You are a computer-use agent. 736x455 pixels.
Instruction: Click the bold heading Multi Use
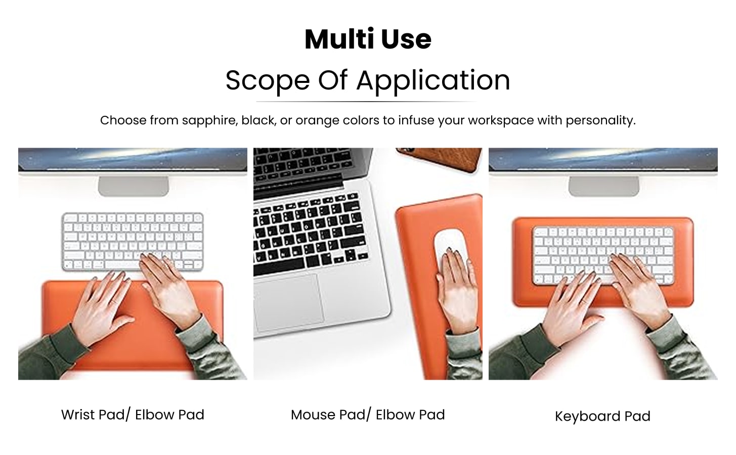(368, 39)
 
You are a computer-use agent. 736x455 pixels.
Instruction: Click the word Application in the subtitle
(433, 80)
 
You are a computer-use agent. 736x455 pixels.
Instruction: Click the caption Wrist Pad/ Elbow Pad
(133, 415)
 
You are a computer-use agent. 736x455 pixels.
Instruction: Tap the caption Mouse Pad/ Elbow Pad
(368, 415)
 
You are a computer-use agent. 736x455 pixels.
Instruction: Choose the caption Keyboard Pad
(602, 416)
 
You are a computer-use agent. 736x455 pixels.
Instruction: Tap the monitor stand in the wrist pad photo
(133, 186)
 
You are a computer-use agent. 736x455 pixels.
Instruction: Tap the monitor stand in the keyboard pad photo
(603, 186)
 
